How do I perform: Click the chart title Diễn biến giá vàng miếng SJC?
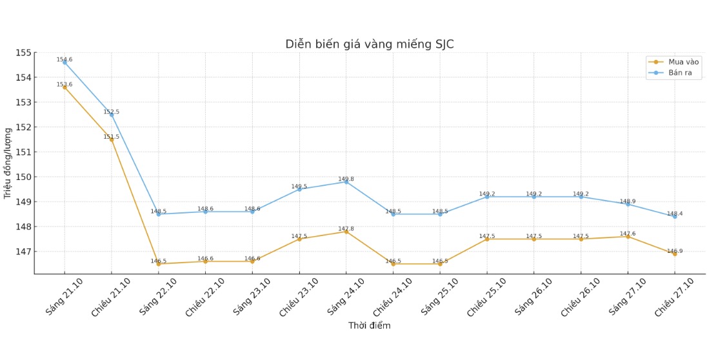pos(370,45)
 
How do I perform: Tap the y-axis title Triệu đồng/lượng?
pos(8,163)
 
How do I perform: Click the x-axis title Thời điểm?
pos(369,325)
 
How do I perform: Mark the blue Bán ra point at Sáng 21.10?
pos(65,63)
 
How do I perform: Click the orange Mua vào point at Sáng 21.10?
pos(65,87)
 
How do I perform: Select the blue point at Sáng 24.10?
pos(346,182)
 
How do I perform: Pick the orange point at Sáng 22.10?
pos(159,264)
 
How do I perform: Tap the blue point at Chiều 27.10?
pos(675,216)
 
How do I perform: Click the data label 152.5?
pos(112,112)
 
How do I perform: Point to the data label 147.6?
pos(628,234)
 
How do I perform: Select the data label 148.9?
pos(628,201)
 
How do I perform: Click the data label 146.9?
pos(675,251)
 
